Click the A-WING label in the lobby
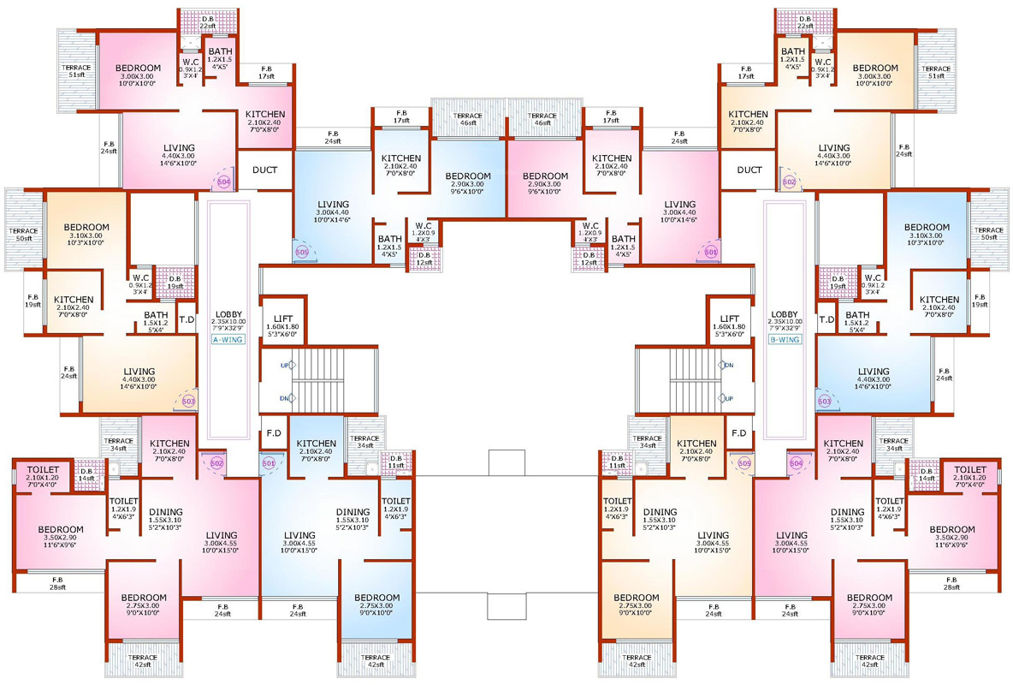point(227,339)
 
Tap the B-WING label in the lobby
point(784,339)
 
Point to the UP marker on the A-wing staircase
point(284,365)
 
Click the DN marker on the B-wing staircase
point(728,365)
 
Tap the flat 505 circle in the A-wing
point(301,252)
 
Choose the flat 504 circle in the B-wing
point(797,462)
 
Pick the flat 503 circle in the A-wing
point(189,401)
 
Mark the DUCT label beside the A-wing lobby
point(264,170)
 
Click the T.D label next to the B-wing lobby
point(826,319)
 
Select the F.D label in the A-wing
point(274,432)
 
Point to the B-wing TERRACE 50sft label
point(988,234)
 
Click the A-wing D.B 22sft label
point(207,22)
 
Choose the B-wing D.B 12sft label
point(588,258)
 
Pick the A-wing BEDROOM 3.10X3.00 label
point(86,232)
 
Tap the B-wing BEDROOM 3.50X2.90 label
point(952,534)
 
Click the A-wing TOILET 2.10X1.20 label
point(43,474)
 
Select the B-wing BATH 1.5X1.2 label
point(856,319)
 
